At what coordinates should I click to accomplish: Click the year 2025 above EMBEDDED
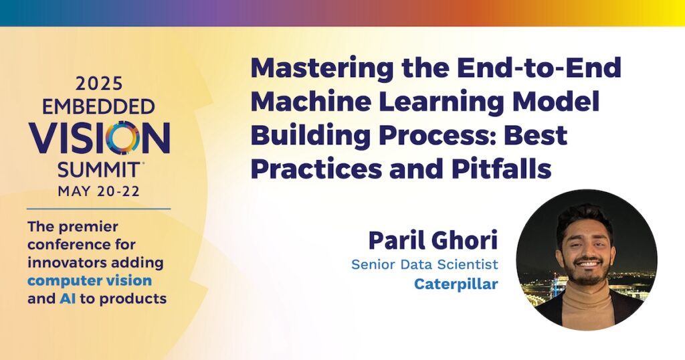pos(99,84)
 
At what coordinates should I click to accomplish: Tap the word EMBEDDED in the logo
pos(99,106)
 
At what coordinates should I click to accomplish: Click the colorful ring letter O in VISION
pos(123,138)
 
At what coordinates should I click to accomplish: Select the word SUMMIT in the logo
pos(99,169)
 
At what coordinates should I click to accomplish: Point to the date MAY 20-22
pos(99,191)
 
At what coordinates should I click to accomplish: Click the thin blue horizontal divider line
pos(99,209)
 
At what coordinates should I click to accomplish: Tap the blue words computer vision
pos(90,281)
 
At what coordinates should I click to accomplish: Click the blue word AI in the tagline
pos(68,299)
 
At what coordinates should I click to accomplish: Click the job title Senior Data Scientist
pos(425,264)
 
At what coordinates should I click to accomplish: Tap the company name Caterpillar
pos(456,284)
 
